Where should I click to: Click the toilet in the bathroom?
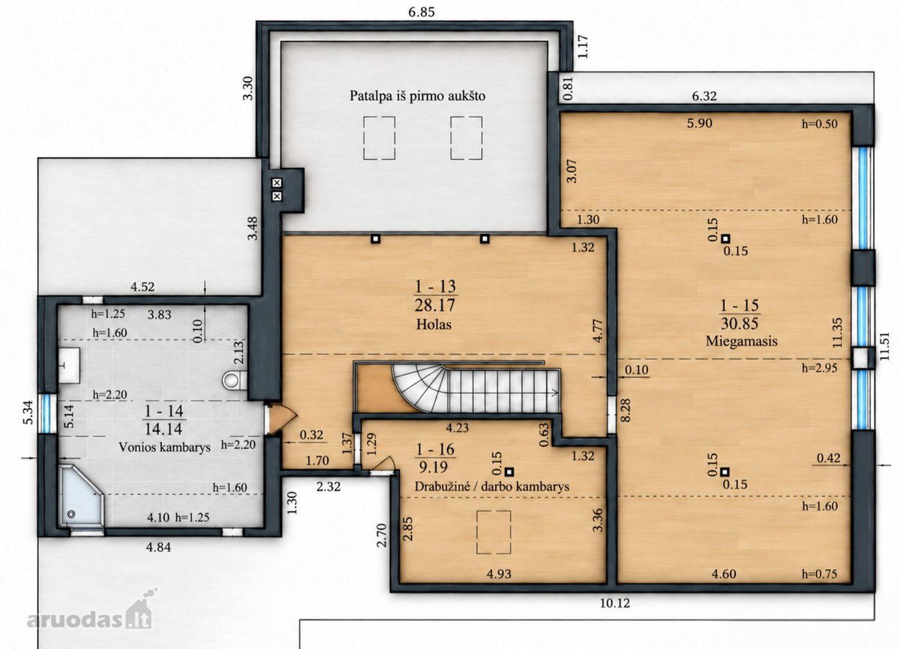(235, 379)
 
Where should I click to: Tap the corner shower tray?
(82, 495)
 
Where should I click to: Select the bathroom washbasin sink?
(69, 365)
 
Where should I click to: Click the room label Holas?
(433, 324)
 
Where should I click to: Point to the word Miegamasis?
(741, 341)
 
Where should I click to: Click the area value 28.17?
(435, 306)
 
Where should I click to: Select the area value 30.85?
(739, 324)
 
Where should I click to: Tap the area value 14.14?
(163, 429)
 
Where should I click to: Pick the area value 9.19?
(433, 467)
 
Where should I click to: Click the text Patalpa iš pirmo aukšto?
(418, 96)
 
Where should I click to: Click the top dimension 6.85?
(421, 12)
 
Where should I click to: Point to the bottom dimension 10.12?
(615, 603)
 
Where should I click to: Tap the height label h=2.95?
(820, 368)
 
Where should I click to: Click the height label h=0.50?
(820, 124)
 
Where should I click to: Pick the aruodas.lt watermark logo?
(89, 609)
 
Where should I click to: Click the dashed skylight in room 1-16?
(493, 532)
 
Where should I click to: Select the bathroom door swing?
(283, 420)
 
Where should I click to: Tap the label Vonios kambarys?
(164, 447)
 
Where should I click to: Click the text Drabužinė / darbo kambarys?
(492, 486)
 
